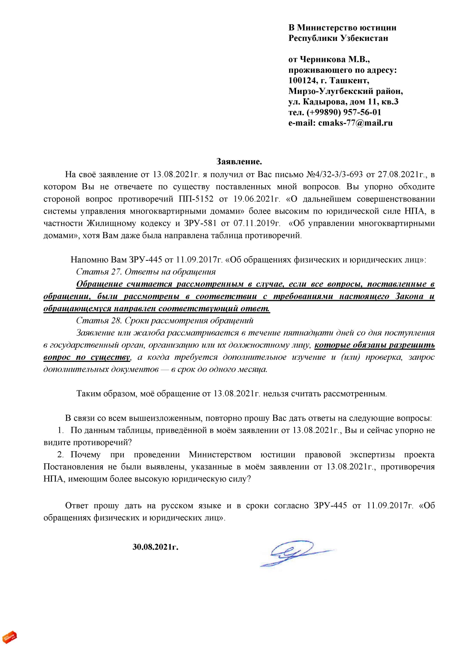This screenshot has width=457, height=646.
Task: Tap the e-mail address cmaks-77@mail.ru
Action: [x=355, y=123]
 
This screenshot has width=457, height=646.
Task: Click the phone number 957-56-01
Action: [x=362, y=112]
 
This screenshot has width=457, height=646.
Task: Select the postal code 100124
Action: [x=302, y=80]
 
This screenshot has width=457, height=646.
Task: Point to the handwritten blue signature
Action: [x=295, y=552]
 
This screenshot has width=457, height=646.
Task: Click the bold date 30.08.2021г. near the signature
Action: [x=155, y=547]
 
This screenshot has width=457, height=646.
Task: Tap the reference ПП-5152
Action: [x=196, y=199]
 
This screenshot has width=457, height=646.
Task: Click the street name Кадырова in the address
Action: [x=324, y=102]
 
